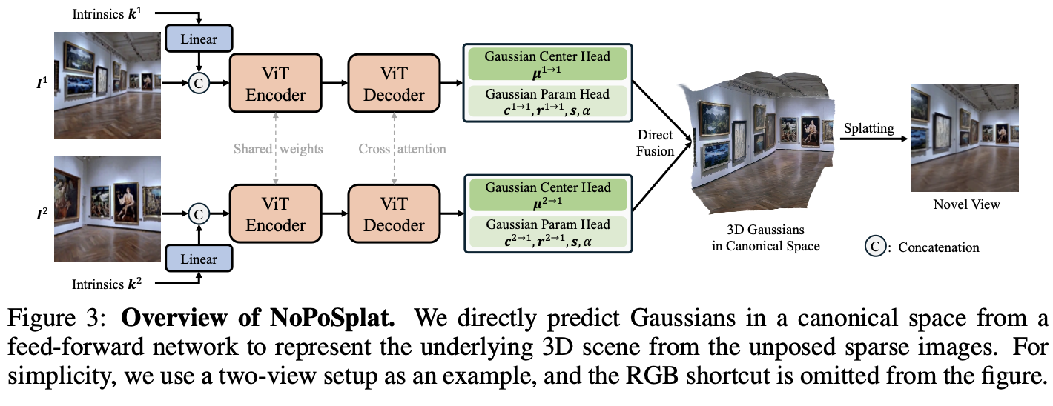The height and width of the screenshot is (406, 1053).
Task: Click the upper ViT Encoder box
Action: pyautogui.click(x=275, y=85)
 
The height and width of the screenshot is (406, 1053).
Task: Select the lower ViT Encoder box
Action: pyautogui.click(x=275, y=214)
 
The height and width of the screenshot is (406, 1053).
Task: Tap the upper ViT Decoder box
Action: pyautogui.click(x=392, y=85)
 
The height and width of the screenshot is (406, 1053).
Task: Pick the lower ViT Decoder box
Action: pyautogui.click(x=392, y=214)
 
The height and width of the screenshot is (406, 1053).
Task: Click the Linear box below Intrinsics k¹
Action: pyautogui.click(x=199, y=38)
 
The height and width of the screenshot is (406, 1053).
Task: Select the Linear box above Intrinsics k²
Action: pyautogui.click(x=199, y=259)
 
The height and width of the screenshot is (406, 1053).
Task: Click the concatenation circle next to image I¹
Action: pyautogui.click(x=199, y=84)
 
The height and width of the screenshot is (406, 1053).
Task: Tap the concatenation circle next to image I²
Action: pyautogui.click(x=199, y=213)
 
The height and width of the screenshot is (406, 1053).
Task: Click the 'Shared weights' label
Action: pyautogui.click(x=279, y=149)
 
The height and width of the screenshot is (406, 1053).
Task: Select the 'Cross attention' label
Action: pyautogui.click(x=402, y=149)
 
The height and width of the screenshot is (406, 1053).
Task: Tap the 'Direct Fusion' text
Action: pyautogui.click(x=655, y=143)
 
